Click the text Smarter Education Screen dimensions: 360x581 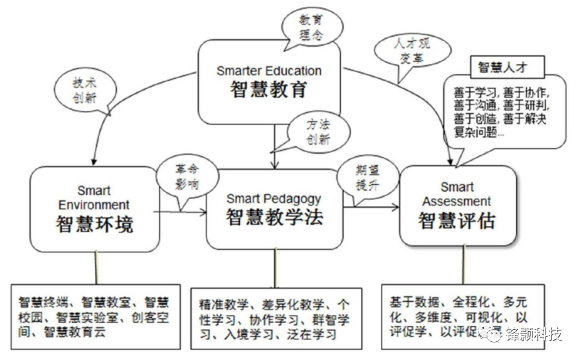[x=269, y=71]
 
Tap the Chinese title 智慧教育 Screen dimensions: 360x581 [x=269, y=89]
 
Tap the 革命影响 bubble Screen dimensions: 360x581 [x=184, y=175]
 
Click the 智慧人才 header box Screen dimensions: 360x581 [x=507, y=67]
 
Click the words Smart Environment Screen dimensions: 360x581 [x=94, y=197]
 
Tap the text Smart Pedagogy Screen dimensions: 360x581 [x=274, y=199]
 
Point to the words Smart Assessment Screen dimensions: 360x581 [x=457, y=194]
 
